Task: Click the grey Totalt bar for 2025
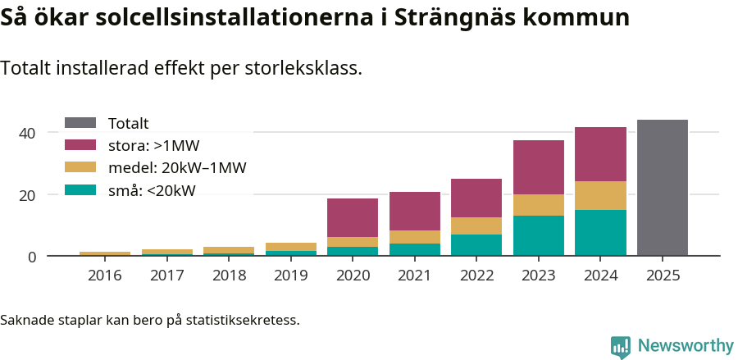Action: click(662, 188)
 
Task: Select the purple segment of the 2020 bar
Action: click(353, 217)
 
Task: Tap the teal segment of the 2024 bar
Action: click(600, 233)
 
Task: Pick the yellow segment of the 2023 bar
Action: click(539, 205)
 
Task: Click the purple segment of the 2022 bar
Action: click(476, 198)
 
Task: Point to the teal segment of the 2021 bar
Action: click(415, 249)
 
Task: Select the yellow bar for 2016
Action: click(105, 254)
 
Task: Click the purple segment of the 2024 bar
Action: click(600, 154)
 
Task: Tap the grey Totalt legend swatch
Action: click(80, 123)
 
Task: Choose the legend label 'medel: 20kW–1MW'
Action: click(177, 168)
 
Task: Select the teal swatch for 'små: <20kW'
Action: click(80, 191)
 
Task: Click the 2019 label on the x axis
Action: click(291, 276)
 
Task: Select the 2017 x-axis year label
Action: click(167, 276)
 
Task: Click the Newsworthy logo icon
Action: click(621, 346)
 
